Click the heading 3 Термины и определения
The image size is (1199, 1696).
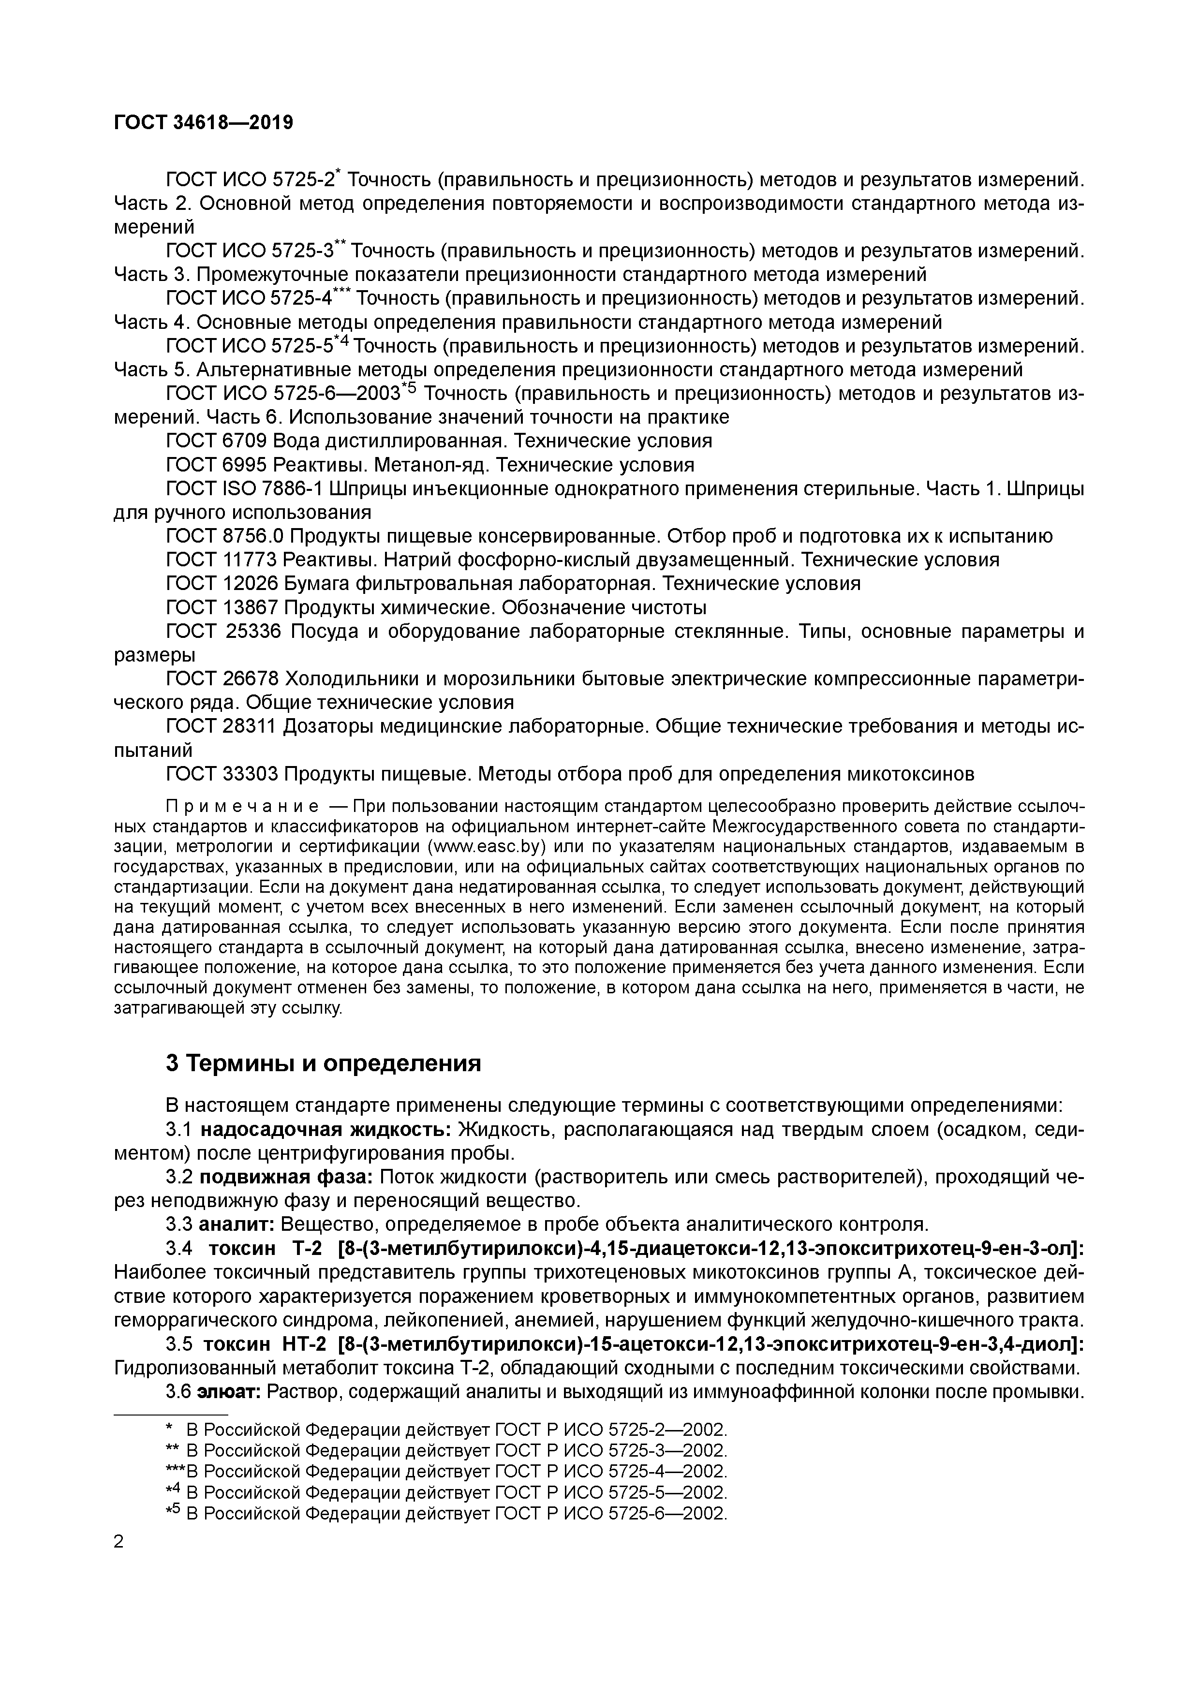[x=323, y=1063]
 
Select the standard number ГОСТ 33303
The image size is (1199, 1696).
[x=222, y=773]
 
